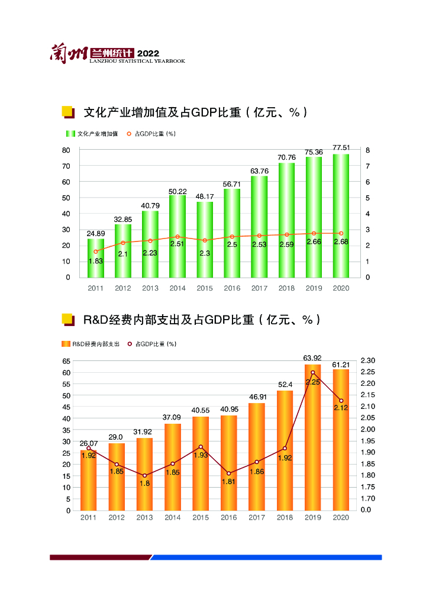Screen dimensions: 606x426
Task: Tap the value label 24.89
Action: click(x=96, y=234)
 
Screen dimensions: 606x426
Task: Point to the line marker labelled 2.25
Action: click(x=312, y=373)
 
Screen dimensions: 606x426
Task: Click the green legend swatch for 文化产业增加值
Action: click(x=70, y=134)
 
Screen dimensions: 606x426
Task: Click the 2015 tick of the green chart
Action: click(x=205, y=288)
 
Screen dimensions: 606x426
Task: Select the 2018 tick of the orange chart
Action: click(x=285, y=517)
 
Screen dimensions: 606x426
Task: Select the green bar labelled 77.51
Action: click(x=341, y=215)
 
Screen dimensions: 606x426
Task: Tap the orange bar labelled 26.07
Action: click(x=89, y=480)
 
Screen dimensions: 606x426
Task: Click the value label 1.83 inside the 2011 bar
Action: click(x=96, y=261)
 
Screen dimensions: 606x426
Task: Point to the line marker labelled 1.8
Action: click(x=144, y=476)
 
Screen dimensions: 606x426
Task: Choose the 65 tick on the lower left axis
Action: click(x=66, y=360)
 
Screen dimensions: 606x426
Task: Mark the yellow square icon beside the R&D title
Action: click(x=67, y=320)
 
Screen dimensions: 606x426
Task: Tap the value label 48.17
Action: click(x=205, y=196)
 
